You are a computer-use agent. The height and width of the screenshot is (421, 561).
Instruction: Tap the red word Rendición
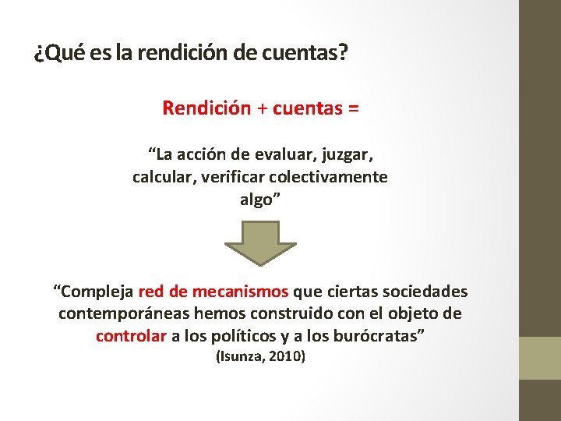pyautogui.click(x=204, y=108)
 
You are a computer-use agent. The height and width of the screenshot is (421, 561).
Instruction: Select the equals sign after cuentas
pyautogui.click(x=354, y=109)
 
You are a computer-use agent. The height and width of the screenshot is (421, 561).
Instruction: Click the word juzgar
pyautogui.click(x=345, y=151)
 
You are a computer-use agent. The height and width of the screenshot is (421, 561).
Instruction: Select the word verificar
pyautogui.click(x=231, y=177)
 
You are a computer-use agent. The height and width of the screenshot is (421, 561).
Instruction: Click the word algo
pyautogui.click(x=258, y=200)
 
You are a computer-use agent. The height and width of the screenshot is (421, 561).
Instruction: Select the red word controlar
pyautogui.click(x=130, y=337)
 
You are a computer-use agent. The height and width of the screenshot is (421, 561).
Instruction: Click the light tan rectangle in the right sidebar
pyautogui.click(x=540, y=358)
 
